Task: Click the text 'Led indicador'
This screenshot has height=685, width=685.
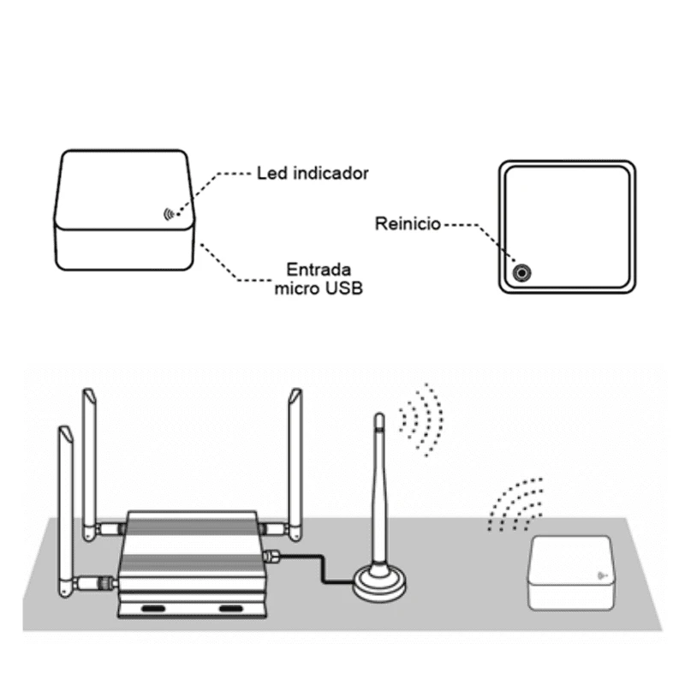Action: pyautogui.click(x=313, y=173)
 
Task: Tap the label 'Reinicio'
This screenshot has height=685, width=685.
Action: pyautogui.click(x=408, y=224)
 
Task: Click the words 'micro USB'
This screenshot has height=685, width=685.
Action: pyautogui.click(x=319, y=288)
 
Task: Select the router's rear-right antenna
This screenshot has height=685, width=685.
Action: pyautogui.click(x=296, y=462)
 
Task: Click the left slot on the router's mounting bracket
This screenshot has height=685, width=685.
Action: pyautogui.click(x=153, y=608)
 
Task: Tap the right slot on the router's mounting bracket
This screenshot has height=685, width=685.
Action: pyautogui.click(x=231, y=608)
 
